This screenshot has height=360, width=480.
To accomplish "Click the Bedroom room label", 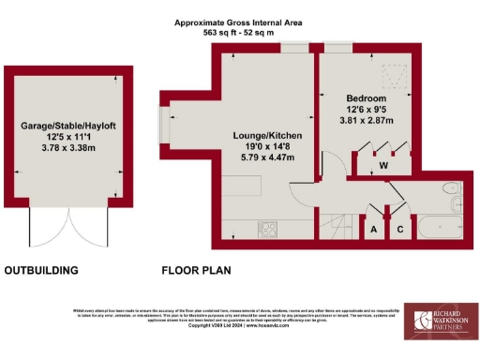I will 367,97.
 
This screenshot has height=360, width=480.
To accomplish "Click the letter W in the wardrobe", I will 384,167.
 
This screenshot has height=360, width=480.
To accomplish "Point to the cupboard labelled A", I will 374,229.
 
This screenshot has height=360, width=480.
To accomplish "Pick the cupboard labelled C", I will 400,229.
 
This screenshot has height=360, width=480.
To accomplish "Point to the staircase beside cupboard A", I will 341,225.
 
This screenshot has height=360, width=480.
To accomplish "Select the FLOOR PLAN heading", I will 196,271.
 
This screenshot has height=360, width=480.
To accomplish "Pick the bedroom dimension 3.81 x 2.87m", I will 367,120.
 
